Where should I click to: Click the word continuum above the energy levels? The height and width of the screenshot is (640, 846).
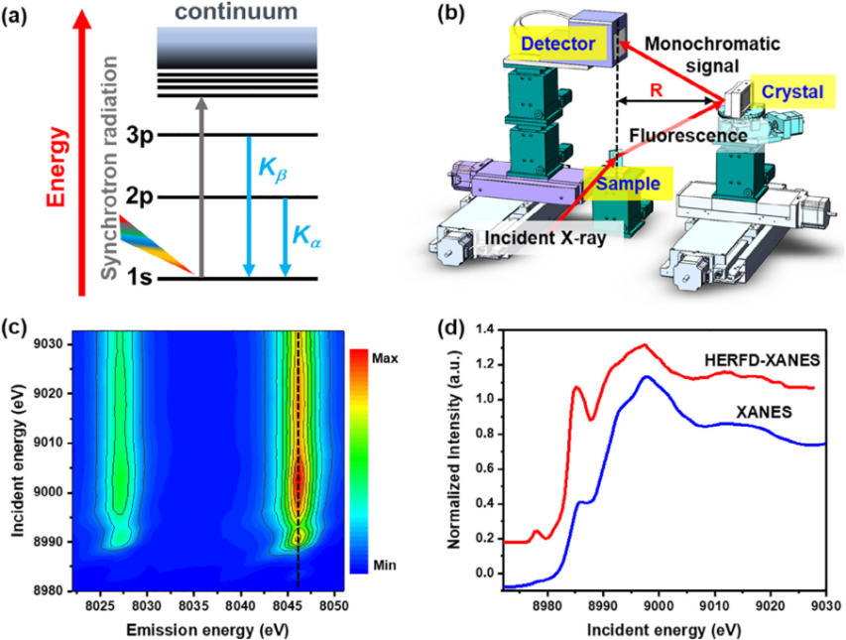point(235,13)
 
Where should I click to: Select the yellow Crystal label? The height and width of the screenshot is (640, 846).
point(791,90)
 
